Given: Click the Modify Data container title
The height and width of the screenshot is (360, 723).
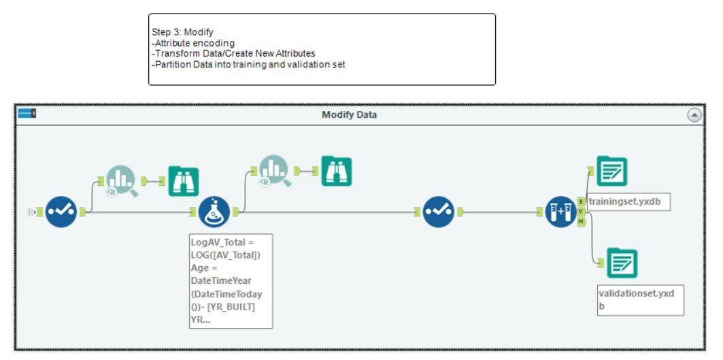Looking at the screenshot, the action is (349, 114).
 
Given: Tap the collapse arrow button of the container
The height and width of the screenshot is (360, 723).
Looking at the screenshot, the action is (694, 115).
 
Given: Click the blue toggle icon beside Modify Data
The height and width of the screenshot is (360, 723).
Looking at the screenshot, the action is (27, 113).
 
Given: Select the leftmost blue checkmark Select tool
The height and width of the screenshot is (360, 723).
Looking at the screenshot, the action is (61, 212).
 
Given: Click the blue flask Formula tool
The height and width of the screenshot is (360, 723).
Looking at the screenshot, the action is (214, 212).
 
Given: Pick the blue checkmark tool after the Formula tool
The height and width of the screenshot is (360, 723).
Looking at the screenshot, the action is (439, 212).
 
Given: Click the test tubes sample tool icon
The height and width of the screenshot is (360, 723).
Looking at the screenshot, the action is (560, 212).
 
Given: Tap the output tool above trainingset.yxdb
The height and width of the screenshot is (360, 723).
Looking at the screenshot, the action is (612, 171).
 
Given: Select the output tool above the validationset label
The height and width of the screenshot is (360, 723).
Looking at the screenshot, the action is (622, 263).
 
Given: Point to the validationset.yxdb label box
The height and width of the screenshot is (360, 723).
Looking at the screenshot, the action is (641, 300).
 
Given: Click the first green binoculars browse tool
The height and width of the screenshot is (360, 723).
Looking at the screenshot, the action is (184, 182).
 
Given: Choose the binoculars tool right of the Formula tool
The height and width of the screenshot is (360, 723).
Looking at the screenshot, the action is (337, 171).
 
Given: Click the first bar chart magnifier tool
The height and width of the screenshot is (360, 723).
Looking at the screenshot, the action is (121, 182).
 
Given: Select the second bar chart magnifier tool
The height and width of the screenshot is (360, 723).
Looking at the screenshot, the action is (274, 171).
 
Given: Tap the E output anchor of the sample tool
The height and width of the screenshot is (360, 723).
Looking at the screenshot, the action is (581, 201).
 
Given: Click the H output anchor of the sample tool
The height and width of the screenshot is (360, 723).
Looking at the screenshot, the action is (581, 222).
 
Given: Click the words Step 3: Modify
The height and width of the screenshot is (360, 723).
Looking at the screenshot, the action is (182, 32).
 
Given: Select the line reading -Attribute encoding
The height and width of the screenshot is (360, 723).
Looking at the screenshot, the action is (193, 43).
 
